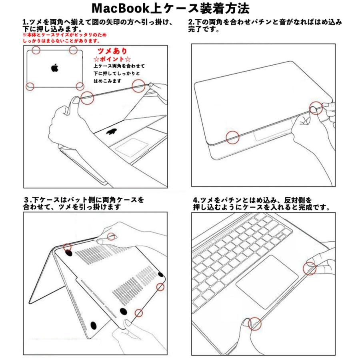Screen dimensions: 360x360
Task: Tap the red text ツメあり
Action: click(x=112, y=51)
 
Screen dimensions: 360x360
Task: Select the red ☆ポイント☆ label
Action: click(x=110, y=59)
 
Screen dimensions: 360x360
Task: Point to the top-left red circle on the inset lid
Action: click(x=36, y=50)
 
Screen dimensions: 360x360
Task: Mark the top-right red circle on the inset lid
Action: click(x=73, y=50)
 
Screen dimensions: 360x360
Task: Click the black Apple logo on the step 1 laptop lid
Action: click(x=112, y=132)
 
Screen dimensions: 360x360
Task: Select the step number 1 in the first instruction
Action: click(x=24, y=22)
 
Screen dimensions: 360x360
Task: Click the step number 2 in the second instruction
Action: click(x=191, y=22)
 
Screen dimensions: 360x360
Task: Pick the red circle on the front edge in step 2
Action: click(x=232, y=138)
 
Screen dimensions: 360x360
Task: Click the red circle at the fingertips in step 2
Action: click(x=316, y=108)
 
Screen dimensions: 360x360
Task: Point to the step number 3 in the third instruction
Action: click(x=26, y=199)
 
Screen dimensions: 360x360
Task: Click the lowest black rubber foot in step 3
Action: click(x=94, y=325)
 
